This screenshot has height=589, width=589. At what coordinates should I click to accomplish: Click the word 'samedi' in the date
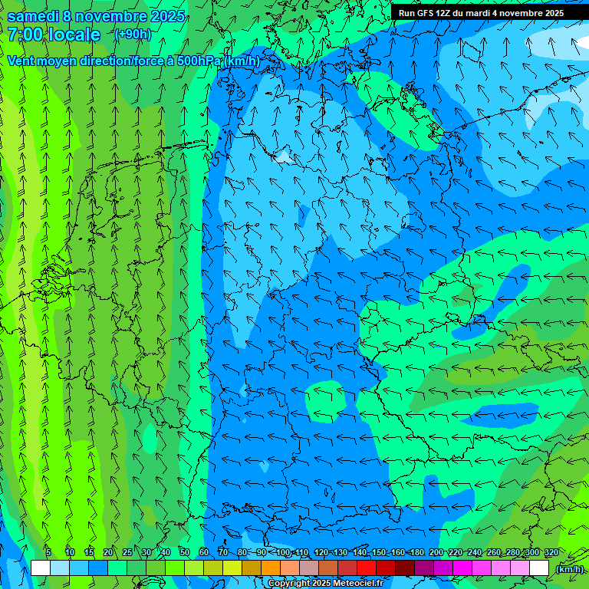coord(33,16)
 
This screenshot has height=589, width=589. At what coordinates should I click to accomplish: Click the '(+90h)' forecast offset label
coord(133,35)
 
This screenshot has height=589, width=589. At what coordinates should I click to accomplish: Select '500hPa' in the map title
coord(199,61)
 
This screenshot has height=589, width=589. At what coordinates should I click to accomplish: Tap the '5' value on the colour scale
coord(48,552)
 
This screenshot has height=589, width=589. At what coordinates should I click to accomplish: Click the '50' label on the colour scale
coord(185,552)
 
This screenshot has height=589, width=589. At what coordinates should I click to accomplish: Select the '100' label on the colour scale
coord(283,552)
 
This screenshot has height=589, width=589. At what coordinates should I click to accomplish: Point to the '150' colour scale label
coord(379,552)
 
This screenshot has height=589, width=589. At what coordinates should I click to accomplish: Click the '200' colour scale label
coord(436,552)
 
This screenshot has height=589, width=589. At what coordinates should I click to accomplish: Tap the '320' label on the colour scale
coord(551,552)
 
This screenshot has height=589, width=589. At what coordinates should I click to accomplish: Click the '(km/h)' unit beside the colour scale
coord(569,568)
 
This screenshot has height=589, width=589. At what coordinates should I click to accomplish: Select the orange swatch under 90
coord(271,568)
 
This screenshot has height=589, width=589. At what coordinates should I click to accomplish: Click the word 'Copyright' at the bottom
coord(288,584)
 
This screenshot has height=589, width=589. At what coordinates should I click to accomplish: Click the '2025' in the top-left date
coord(168,16)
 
